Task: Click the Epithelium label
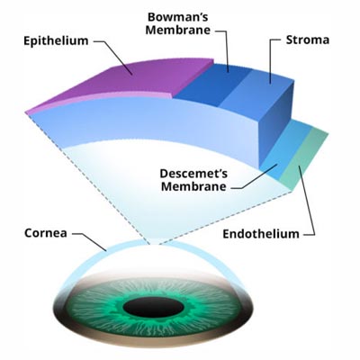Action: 56,40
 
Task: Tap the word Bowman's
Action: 178,17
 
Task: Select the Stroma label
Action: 308,40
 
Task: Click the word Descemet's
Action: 193,174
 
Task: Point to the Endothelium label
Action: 261,234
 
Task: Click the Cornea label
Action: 46,233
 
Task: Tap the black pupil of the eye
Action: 153,308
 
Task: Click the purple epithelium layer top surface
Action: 126,79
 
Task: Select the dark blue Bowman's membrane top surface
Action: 213,84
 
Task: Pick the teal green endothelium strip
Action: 303,159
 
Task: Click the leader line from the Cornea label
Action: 90,240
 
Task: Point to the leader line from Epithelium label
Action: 114,56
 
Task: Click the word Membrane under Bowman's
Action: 178,30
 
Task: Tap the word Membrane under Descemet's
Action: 193,186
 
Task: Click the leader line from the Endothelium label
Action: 308,201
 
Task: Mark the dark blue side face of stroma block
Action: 276,126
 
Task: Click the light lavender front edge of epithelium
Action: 99,101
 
